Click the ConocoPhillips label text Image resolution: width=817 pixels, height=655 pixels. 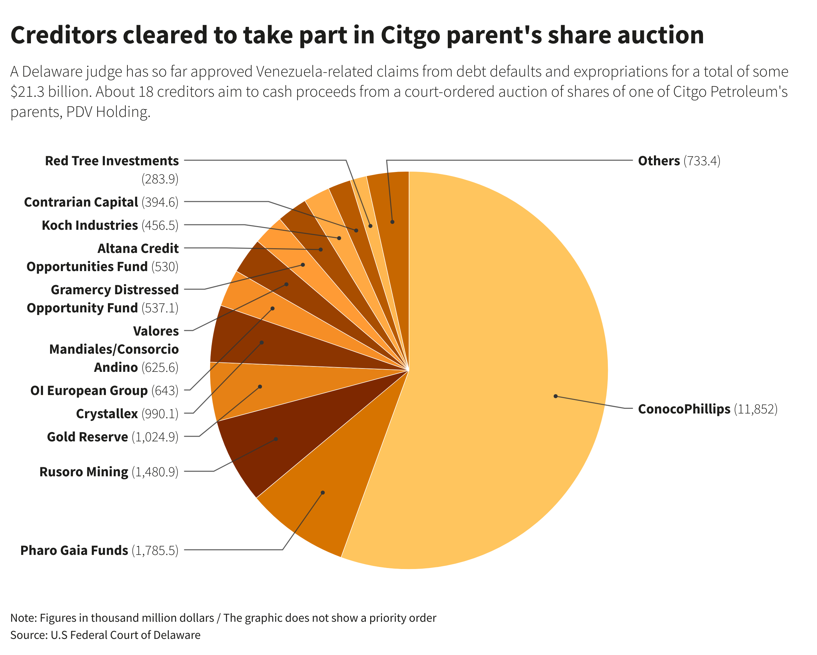click(684, 409)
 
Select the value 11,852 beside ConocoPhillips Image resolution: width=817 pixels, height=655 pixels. click(755, 409)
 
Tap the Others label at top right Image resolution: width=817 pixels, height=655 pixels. click(659, 161)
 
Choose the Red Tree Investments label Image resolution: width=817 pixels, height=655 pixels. click(112, 161)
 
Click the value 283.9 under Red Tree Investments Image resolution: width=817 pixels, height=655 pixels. click(160, 179)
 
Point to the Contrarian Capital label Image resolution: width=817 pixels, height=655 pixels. click(81, 202)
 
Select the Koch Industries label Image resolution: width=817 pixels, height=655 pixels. click(90, 225)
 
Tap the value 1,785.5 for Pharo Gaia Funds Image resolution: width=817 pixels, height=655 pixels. click(155, 551)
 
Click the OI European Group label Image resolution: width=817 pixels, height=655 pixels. click(89, 391)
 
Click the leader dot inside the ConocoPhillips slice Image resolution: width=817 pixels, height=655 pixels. click(555, 396)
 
